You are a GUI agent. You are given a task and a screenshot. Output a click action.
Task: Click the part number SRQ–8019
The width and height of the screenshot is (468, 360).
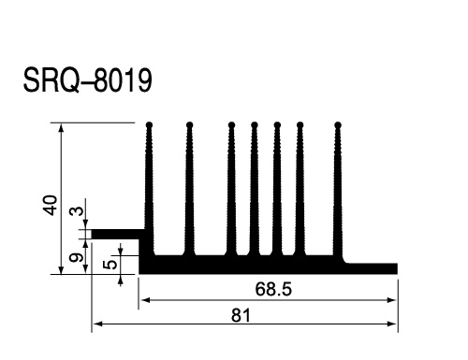point(88,80)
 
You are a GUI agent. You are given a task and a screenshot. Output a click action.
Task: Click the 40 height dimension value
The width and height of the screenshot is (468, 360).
point(51,206)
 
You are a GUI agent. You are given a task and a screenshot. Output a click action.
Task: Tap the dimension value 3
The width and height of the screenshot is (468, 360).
point(77,211)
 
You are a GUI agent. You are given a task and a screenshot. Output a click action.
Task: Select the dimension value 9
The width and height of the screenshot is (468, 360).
point(77,258)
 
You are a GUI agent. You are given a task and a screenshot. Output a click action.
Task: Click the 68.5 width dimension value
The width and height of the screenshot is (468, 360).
point(273,289)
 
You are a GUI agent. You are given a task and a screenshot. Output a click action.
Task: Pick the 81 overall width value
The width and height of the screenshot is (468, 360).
point(241,315)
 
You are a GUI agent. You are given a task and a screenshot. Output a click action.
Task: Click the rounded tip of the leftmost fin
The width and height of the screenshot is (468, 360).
point(149,125)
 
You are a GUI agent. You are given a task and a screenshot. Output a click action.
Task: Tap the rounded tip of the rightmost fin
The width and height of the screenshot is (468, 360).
point(338,125)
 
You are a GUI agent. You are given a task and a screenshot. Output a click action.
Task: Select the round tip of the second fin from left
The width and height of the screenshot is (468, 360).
point(189,125)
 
